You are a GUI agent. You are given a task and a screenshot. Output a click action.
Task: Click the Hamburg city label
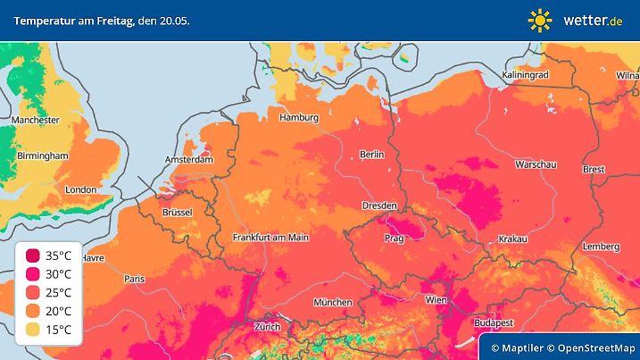click(299, 118)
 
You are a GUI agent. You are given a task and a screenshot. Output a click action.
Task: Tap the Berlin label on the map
click(371, 155)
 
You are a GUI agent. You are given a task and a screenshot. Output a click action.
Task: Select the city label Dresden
click(378, 205)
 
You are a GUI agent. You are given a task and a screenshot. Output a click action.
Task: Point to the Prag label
click(395, 239)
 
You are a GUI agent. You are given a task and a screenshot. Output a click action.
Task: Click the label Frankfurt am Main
click(270, 238)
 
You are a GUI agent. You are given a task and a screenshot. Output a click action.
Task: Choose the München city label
click(333, 302)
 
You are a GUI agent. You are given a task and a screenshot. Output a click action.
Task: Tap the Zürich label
click(268, 326)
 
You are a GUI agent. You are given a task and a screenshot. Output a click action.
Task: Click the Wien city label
click(436, 299)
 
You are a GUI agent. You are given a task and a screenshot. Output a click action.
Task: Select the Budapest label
click(491, 321)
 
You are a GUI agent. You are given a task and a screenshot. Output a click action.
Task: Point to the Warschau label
click(536, 165)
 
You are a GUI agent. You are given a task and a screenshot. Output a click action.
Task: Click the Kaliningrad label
click(525, 75)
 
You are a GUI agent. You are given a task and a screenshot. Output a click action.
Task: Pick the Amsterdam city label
click(188, 160)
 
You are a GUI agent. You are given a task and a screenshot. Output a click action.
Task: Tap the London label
click(80, 189)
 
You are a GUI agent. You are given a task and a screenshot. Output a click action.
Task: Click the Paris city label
click(134, 279)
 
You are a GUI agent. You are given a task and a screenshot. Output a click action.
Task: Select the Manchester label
click(36, 120)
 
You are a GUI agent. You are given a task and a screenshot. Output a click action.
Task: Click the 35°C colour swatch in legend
click(32, 255)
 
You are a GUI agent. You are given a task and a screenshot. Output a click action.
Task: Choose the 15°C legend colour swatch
click(32, 330)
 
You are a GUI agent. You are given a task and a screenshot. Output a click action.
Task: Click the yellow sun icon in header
click(540, 20)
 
